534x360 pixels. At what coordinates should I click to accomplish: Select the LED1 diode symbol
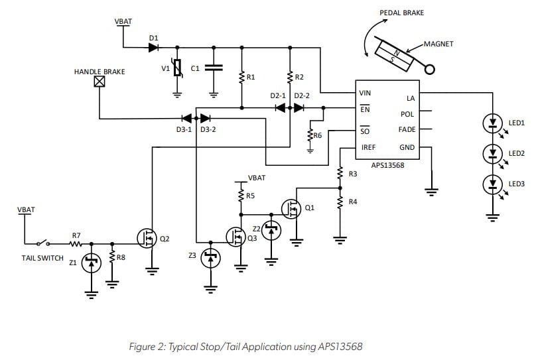coord(492,123)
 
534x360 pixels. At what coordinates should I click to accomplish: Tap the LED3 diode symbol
coord(492,183)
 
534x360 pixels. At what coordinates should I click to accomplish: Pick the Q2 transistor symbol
coord(147,236)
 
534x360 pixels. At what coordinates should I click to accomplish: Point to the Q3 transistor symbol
coord(235,236)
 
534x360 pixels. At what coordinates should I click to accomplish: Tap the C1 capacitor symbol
coord(214,68)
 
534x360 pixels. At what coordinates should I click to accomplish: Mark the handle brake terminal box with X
coord(100,82)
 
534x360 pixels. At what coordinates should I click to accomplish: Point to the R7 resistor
coord(76,243)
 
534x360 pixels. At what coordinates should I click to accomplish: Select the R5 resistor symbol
coord(241,196)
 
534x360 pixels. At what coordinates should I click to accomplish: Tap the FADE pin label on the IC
coord(407,130)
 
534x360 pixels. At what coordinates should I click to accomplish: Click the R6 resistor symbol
coord(310,135)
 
